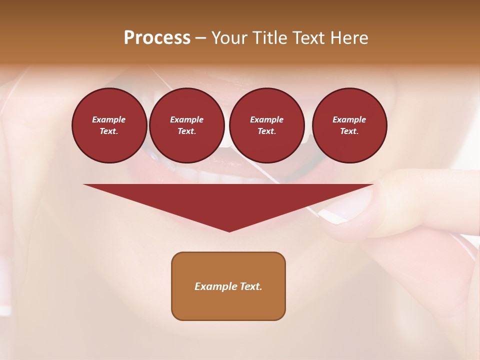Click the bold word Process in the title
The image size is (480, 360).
pos(157,38)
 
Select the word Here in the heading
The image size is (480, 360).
pos(349,38)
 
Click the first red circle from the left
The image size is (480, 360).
pos(109,125)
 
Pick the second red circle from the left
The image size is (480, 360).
pos(186,125)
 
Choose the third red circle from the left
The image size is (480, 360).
pos(266,125)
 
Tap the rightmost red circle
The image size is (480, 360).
pos(349,125)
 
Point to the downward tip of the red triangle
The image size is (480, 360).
pos(229,230)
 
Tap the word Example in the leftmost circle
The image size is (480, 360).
pos(109,119)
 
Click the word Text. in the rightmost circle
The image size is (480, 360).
pos(349,131)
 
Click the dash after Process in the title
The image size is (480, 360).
pos(200,38)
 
